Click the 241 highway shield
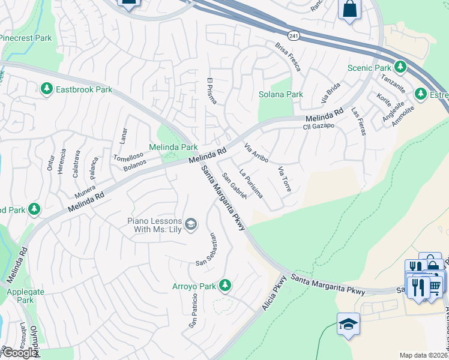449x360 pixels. [292, 36]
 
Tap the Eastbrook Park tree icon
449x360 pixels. [46, 89]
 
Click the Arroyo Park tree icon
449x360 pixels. [225, 284]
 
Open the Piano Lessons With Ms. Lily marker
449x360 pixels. [190, 225]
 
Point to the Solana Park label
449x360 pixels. [280, 94]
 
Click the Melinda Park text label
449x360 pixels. [173, 147]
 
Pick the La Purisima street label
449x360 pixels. [251, 184]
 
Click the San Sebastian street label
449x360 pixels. [205, 249]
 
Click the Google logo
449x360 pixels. [19, 353]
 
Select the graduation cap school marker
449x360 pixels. [348, 323]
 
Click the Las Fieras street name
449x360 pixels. [358, 121]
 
